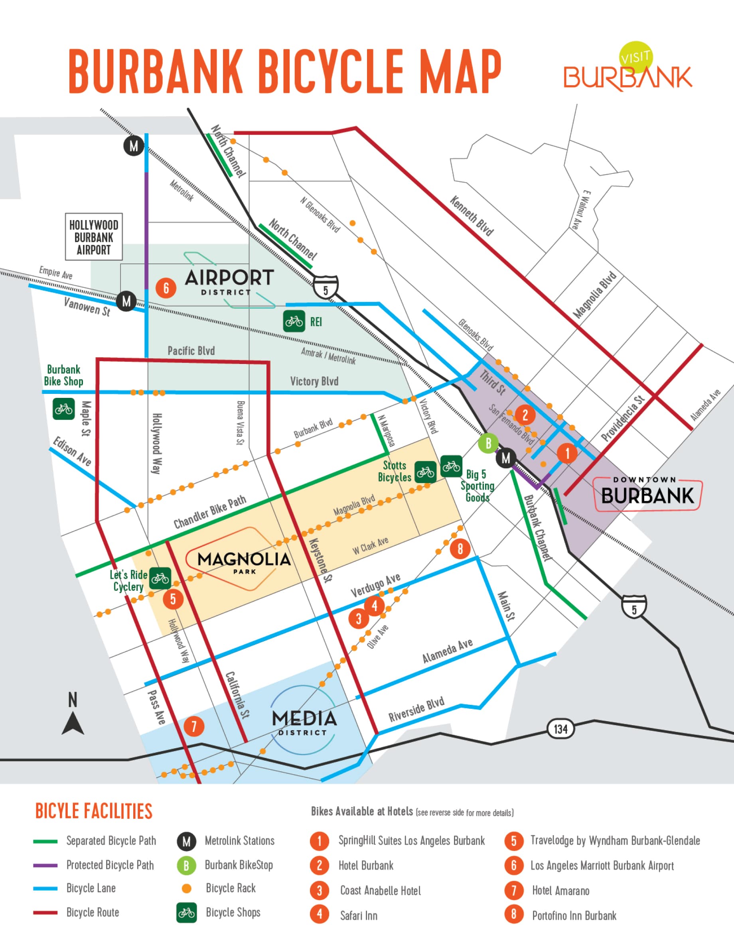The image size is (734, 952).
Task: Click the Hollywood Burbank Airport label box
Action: pos(93,237)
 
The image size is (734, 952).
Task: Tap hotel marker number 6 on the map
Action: pos(166,288)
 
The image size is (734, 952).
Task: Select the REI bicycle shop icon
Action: pos(294,321)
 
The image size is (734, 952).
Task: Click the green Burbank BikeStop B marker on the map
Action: pos(488,443)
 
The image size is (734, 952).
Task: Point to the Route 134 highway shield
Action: pos(560,729)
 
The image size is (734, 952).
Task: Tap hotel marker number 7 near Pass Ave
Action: pos(193,726)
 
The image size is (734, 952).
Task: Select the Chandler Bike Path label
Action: pos(210,512)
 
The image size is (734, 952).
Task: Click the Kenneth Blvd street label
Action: pos(472,216)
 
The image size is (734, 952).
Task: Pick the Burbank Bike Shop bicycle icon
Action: pos(64,409)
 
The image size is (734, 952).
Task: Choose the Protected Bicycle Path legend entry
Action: pos(110,865)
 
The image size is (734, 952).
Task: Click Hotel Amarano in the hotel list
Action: pos(560,891)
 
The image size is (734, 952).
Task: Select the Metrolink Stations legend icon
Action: pos(186,841)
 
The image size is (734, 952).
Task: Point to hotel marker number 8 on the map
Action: pos(460,549)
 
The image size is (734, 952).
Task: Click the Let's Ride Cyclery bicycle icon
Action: pos(160,578)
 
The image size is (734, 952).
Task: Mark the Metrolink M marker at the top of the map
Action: pos(134,146)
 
